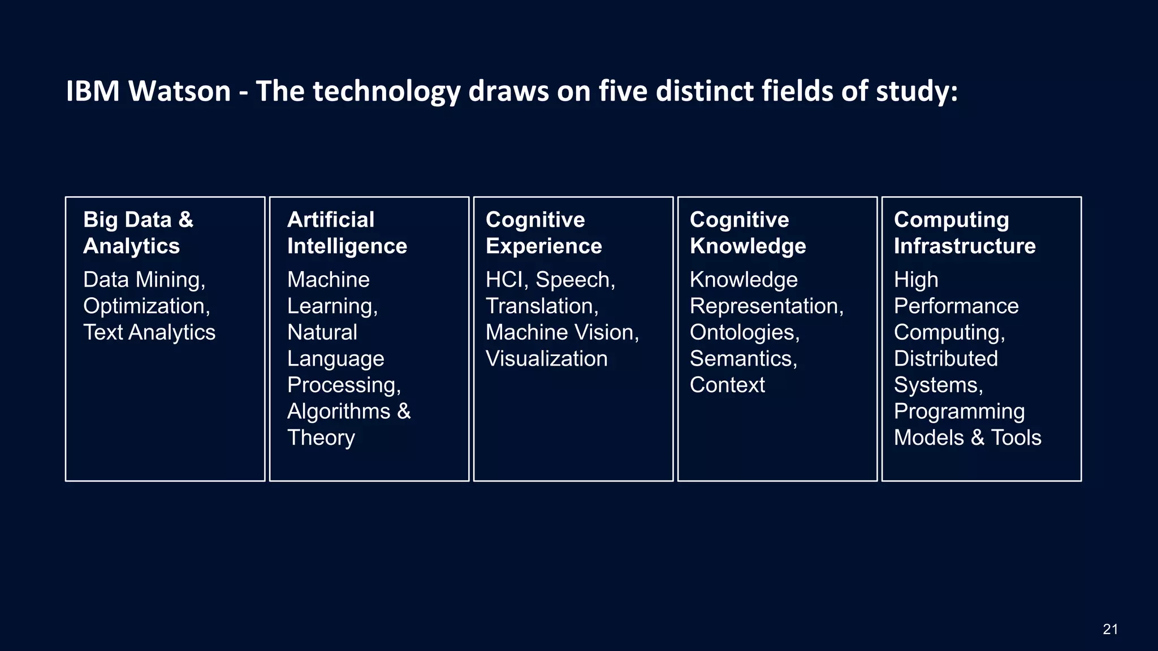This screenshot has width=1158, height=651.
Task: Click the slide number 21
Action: pos(1110,630)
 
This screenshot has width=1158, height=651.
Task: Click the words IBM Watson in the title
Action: pos(148,91)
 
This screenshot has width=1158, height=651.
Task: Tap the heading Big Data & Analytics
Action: pos(138,233)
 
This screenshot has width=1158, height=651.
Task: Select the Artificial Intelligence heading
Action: pos(347,233)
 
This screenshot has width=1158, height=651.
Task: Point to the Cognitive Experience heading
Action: pos(543,233)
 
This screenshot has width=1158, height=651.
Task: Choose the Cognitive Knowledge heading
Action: pos(747,233)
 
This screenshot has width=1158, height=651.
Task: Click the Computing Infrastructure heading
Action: pos(964,233)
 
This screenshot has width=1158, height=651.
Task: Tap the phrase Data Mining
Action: pos(144,280)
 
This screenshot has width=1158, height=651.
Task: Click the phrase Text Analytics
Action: pos(149,332)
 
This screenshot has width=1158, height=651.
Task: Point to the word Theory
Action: pos(321,438)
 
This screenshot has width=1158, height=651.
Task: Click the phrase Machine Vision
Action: pos(561,332)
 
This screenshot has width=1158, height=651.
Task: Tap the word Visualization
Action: pos(546,359)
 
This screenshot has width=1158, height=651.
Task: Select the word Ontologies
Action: pos(744,332)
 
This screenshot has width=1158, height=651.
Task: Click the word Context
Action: pos(727,385)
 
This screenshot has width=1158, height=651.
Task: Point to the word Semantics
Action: pos(743,359)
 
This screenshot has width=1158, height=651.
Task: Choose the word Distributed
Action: pos(945,359)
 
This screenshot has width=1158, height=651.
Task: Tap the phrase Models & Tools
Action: pos(967,438)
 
